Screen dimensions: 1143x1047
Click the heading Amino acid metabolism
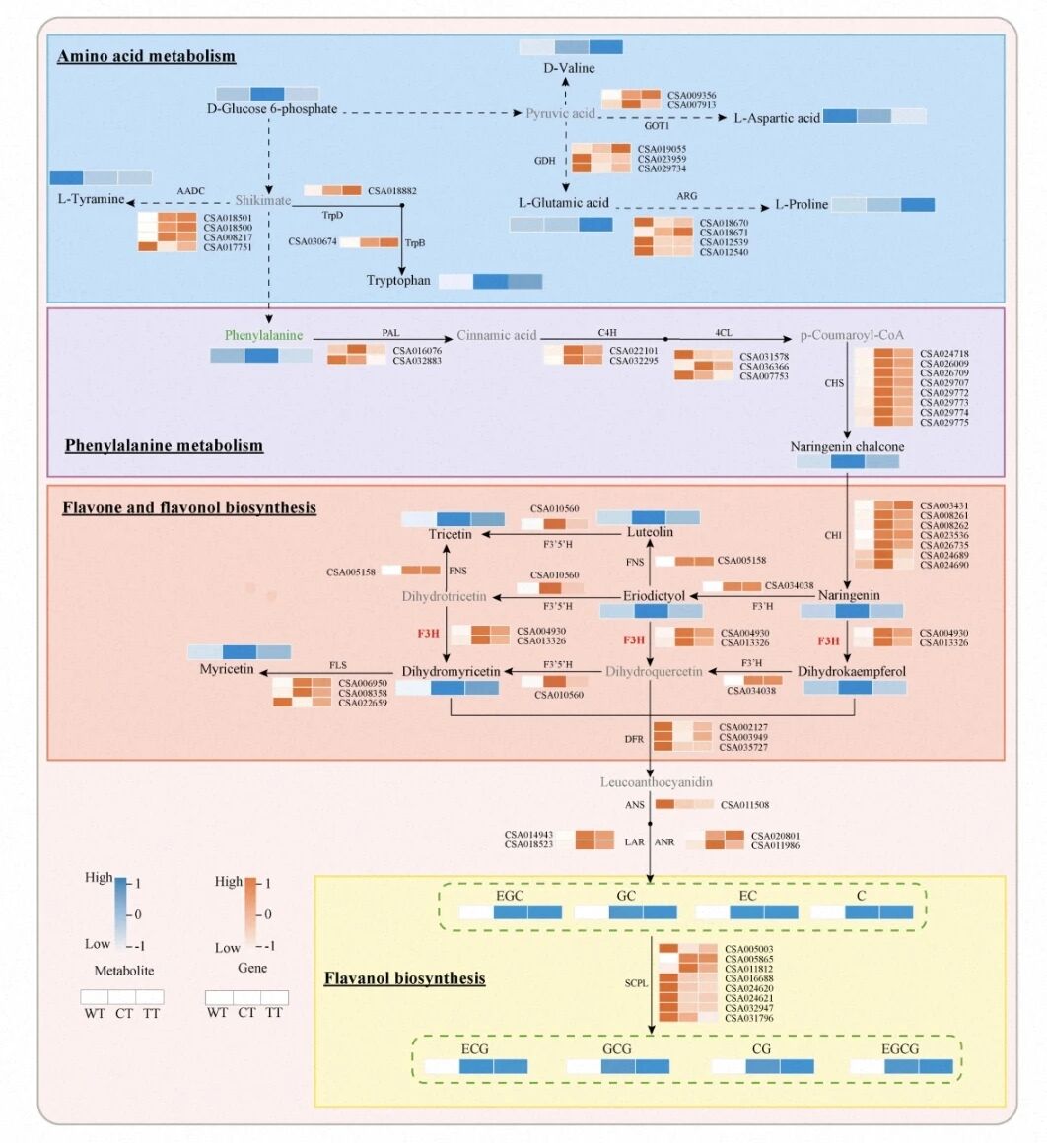(x=146, y=55)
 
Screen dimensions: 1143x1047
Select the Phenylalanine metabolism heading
(x=164, y=445)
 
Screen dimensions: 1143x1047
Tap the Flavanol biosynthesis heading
(x=404, y=978)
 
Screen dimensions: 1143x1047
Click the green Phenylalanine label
(x=263, y=335)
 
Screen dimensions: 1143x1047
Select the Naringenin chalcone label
(x=847, y=447)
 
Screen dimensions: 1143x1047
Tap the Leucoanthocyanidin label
(x=650, y=782)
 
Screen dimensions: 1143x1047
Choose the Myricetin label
(x=229, y=670)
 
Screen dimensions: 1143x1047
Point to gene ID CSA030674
(x=314, y=241)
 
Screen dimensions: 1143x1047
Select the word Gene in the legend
(x=246, y=971)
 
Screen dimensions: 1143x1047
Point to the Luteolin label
(x=651, y=532)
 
